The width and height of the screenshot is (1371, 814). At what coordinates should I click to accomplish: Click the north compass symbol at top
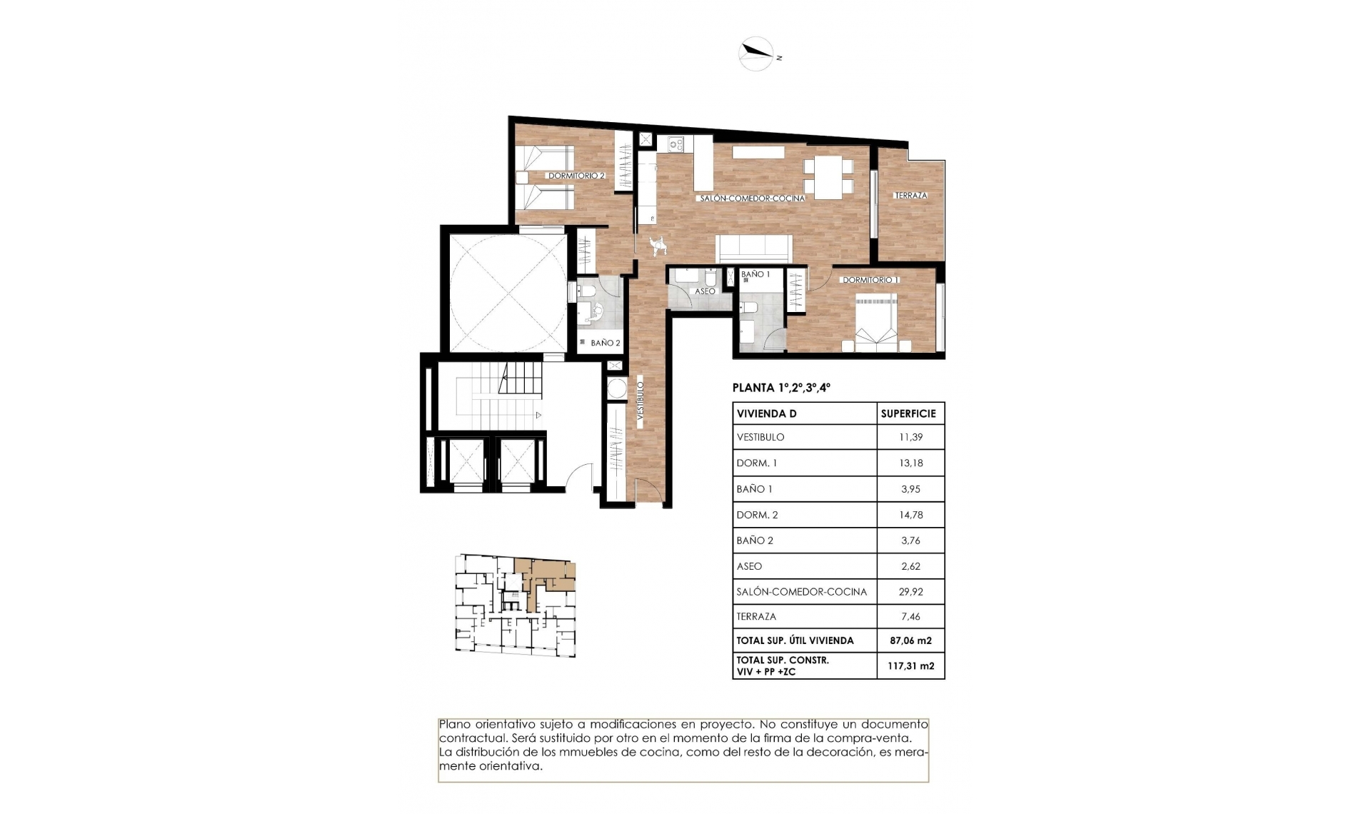pos(756,54)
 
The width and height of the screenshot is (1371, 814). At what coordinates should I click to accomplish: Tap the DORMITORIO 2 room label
pos(576,176)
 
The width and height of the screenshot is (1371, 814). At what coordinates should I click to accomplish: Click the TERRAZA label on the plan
pos(910,196)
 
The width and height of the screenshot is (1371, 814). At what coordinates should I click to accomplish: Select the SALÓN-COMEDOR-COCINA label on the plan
pos(752,199)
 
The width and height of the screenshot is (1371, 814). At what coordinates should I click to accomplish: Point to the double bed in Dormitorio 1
pos(877,325)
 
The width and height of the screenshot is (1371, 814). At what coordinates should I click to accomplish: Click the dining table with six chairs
pos(828,177)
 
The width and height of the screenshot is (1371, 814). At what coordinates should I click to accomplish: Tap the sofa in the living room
pos(755,248)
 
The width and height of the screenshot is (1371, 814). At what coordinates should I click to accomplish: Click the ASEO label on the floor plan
pos(705,291)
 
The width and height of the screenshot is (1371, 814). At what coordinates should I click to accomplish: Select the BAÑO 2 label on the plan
pos(605,343)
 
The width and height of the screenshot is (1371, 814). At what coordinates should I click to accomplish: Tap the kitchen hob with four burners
pos(676,144)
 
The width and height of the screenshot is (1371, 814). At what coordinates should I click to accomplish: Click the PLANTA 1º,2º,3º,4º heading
pos(781,388)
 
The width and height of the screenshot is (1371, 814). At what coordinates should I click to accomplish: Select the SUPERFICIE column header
pos(908,414)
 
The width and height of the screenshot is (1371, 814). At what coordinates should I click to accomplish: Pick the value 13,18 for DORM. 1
pos(910,463)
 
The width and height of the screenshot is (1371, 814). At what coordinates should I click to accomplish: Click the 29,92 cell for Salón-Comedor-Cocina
pos(910,592)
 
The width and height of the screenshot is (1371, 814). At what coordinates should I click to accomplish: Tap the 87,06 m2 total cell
pos(910,641)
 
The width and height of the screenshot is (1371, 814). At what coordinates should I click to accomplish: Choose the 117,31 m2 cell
pos(910,666)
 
